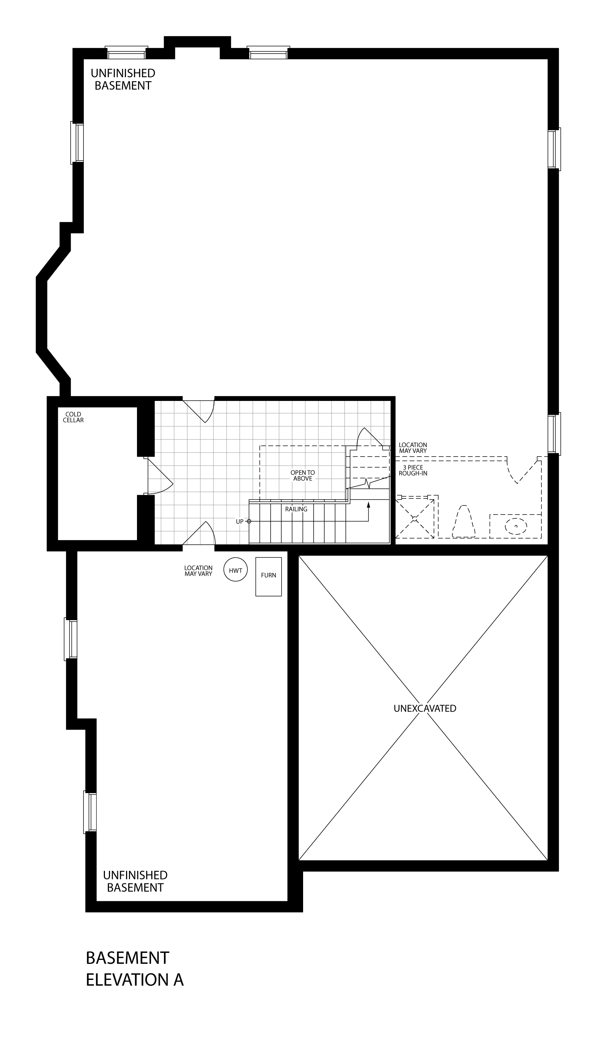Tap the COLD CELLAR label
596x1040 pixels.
point(73,417)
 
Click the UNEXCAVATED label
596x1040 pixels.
point(425,708)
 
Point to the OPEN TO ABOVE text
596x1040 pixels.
point(303,476)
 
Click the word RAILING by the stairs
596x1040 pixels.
point(297,509)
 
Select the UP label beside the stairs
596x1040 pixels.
point(239,521)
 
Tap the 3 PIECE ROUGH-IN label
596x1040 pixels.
point(413,470)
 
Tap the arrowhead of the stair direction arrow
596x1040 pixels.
point(368,504)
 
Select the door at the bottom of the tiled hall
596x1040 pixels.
point(199,533)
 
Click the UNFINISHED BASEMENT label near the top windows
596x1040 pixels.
point(123,79)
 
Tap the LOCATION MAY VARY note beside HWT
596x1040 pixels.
point(199,571)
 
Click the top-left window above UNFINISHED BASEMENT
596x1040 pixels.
point(126,53)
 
